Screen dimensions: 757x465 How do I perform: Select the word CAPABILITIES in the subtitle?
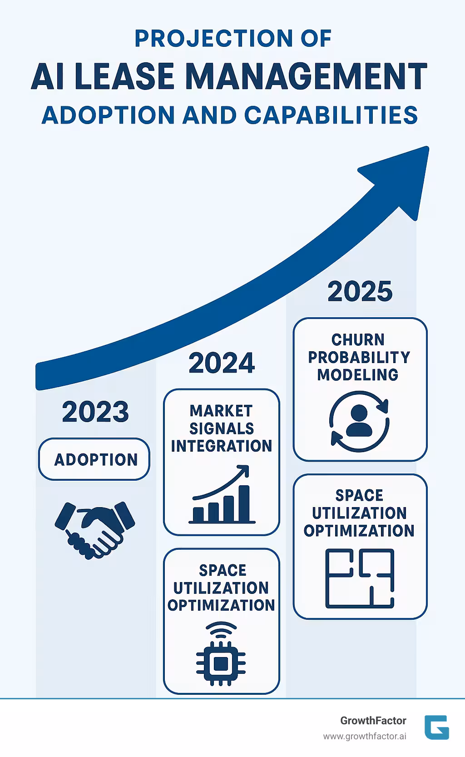(x=331, y=115)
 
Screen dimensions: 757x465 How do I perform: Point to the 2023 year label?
(x=95, y=412)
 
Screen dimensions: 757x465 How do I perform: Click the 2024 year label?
(x=222, y=363)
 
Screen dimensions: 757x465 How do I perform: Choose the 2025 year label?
(x=360, y=291)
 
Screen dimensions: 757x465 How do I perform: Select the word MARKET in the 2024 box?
(x=221, y=411)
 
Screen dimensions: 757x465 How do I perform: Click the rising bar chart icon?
(x=222, y=495)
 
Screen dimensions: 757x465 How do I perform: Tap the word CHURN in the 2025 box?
(x=358, y=340)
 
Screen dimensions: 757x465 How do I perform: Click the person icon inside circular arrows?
(x=359, y=421)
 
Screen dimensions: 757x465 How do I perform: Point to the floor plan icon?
(x=360, y=578)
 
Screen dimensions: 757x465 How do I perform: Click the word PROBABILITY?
(x=359, y=358)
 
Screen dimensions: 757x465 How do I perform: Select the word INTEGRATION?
(x=222, y=446)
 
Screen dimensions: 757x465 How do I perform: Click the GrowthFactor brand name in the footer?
(x=373, y=721)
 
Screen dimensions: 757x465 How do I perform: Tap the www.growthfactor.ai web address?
(x=365, y=736)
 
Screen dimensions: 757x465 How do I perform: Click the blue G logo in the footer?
(x=436, y=727)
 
